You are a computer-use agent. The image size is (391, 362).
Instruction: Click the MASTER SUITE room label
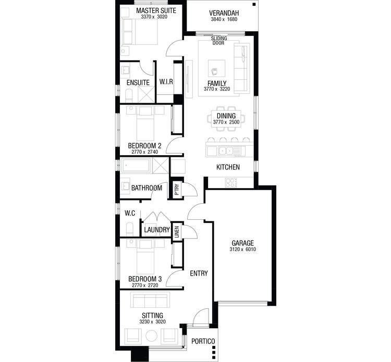(x=155, y=10)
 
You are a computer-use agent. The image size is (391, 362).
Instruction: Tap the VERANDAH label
(x=224, y=13)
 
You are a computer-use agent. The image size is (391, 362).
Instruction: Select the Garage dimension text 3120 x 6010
(x=242, y=250)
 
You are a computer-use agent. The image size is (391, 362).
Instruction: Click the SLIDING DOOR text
(x=218, y=41)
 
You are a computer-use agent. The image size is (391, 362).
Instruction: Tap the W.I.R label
(x=166, y=82)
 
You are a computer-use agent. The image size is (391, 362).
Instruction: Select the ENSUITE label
(x=138, y=82)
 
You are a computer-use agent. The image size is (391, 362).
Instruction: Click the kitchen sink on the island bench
(x=226, y=151)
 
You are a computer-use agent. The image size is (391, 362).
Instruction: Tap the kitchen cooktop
(x=230, y=182)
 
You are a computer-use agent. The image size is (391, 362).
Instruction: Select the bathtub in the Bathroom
(x=137, y=167)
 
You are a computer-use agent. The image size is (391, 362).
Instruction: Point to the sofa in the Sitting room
(x=150, y=301)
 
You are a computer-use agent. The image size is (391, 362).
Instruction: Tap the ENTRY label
(x=199, y=273)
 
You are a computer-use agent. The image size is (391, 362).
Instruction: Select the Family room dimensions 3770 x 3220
(x=216, y=90)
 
